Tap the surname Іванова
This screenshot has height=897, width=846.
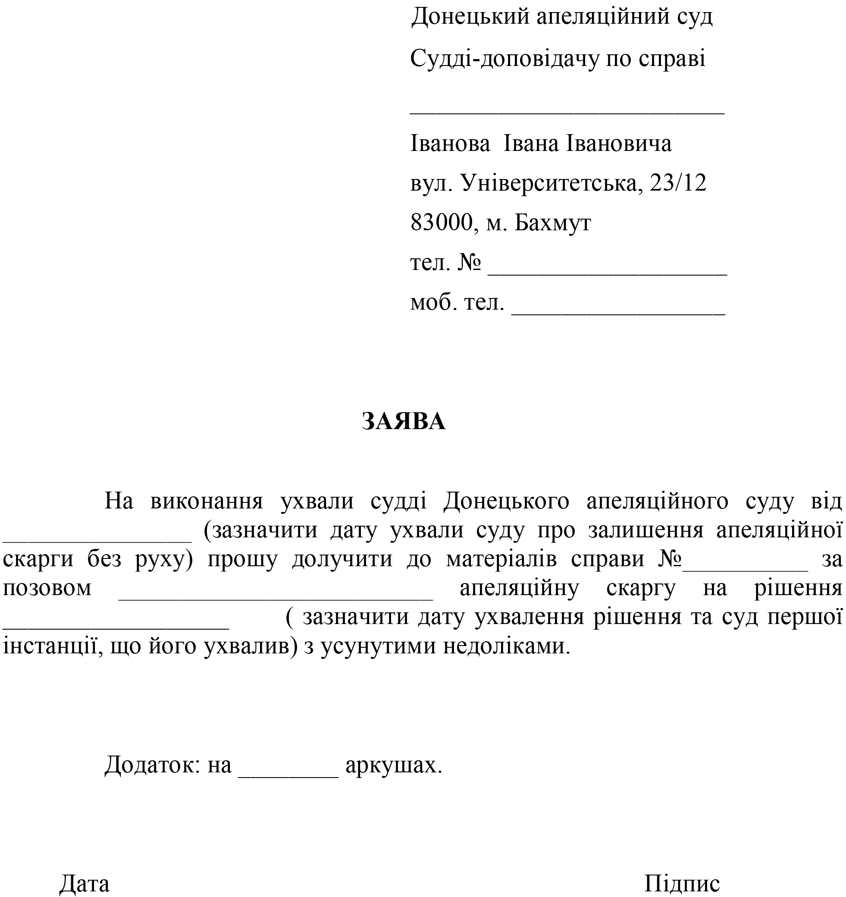[450, 144]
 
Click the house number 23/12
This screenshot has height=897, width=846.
[678, 183]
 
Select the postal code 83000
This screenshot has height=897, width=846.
[441, 222]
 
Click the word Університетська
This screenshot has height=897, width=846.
[550, 183]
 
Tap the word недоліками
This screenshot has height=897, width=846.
[506, 646]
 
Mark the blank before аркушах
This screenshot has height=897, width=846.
[288, 775]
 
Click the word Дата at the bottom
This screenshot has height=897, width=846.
[85, 884]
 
